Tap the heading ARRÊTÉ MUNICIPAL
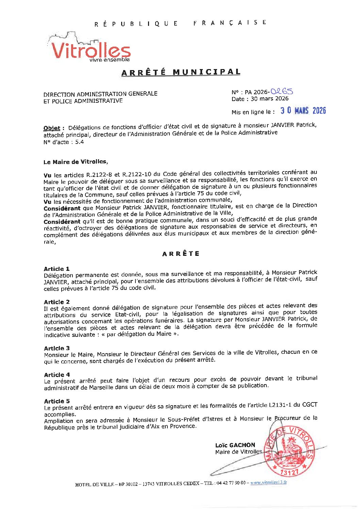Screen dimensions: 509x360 181,72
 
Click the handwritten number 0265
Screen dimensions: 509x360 282,91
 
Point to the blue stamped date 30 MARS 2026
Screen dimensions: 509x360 303,111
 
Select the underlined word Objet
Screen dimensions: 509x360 52,128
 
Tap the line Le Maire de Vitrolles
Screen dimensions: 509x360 75,162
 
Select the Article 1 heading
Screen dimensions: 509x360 56,269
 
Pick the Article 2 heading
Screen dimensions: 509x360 56,302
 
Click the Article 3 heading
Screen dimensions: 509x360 56,348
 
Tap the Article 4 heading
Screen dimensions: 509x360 56,375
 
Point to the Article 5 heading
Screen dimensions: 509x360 56,401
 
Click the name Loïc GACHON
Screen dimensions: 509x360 235,445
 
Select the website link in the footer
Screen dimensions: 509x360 268,482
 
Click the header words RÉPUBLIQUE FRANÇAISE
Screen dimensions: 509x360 180,23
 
